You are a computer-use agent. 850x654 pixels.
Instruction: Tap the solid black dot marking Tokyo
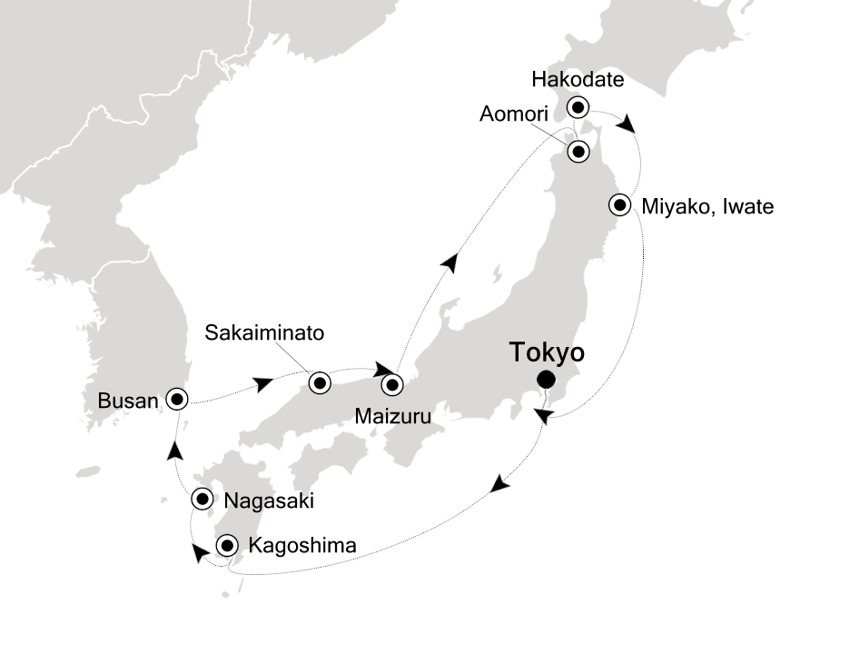546,380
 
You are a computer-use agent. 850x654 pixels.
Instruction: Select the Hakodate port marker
577,108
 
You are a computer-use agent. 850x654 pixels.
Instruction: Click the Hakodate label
578,80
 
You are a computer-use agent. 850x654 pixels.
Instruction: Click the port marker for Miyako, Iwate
621,204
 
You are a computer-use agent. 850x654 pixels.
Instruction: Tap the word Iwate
745,207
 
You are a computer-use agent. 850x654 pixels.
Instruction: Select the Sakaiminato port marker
319,382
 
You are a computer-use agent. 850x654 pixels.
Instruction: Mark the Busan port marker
175,397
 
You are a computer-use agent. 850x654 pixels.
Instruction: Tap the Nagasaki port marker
202,499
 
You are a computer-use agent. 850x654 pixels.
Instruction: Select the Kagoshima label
301,546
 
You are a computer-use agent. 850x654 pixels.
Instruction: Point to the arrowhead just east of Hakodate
626,124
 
